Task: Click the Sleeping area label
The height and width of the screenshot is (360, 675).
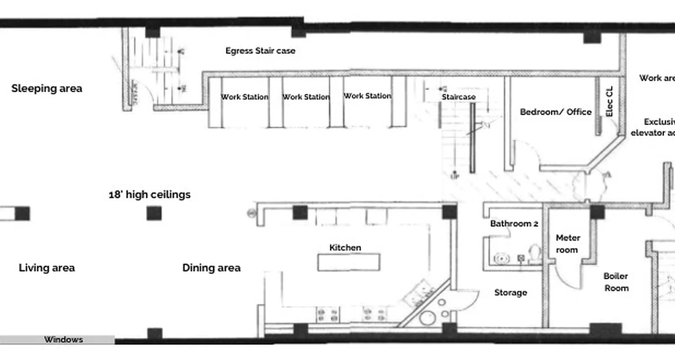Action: coord(47,88)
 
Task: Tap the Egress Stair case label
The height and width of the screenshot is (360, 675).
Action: coord(260,51)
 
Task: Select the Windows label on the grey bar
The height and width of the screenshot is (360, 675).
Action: coord(63,340)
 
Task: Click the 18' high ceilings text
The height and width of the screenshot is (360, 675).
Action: coord(149,194)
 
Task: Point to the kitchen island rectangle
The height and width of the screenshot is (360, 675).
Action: coord(349,262)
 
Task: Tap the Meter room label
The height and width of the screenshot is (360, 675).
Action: coord(567,243)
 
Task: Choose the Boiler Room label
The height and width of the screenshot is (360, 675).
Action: coord(616,282)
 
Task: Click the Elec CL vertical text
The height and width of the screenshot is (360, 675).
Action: coord(610,102)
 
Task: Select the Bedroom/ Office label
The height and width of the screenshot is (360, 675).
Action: coord(555,112)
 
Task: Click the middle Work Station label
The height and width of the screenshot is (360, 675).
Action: coord(306,97)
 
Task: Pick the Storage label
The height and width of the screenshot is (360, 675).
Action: coord(510,292)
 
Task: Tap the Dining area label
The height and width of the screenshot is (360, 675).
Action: coord(211,268)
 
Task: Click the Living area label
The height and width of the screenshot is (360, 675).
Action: coord(47,268)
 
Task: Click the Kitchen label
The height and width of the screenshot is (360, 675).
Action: coord(345,247)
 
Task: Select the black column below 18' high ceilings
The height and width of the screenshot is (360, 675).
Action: coord(154,213)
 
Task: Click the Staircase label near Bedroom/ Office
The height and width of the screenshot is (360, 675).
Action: coord(458,97)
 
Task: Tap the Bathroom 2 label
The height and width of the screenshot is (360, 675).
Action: coord(514,224)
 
